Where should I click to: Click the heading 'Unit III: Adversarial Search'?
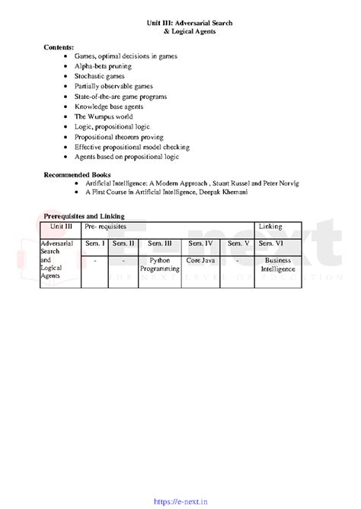tap(190, 24)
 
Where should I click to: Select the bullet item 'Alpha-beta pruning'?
tap(103, 66)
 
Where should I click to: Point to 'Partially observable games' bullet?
tap(113, 87)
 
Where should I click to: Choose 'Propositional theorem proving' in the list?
tap(120, 137)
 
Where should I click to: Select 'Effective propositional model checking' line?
tap(132, 147)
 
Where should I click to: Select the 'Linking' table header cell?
tap(270, 227)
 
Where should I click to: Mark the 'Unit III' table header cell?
tap(61, 227)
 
